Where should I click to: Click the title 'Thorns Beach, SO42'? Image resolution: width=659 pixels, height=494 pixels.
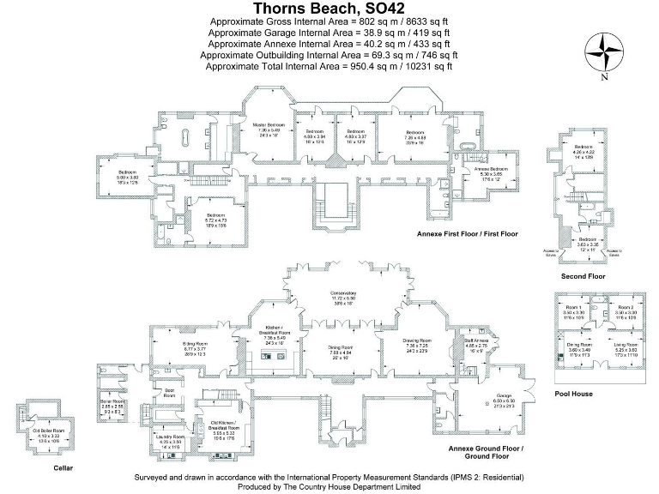tap(329, 9)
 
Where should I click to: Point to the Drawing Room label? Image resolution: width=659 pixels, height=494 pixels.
tap(419, 340)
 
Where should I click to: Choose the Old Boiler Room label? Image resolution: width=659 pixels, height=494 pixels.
tap(47, 431)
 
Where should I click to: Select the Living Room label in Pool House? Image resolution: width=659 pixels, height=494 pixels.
tap(624, 346)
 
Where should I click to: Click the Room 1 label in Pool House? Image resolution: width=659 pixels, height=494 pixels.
tap(574, 308)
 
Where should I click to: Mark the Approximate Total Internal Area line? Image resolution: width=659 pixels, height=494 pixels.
tap(329, 65)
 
